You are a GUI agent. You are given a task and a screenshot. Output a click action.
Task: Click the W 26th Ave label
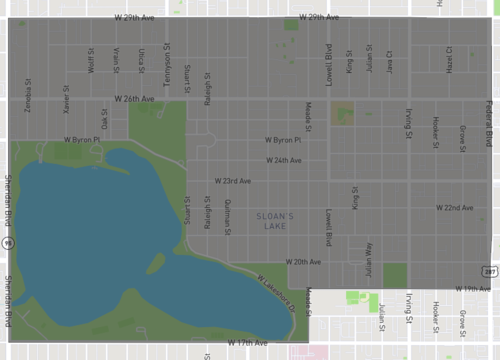click(x=134, y=99)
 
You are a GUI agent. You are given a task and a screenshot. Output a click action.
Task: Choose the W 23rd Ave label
click(x=233, y=181)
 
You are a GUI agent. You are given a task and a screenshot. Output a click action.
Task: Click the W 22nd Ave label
click(x=454, y=207)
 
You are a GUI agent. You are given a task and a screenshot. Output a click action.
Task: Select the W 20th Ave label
click(x=302, y=261)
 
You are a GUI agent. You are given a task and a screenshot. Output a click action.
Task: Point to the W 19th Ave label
click(x=472, y=288)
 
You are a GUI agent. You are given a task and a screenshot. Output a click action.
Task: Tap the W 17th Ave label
click(x=248, y=342)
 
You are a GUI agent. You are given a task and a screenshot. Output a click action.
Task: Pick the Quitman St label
click(x=228, y=214)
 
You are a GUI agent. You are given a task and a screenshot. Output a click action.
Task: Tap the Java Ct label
click(x=389, y=61)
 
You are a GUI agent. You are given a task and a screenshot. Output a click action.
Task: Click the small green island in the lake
click(x=155, y=263)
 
